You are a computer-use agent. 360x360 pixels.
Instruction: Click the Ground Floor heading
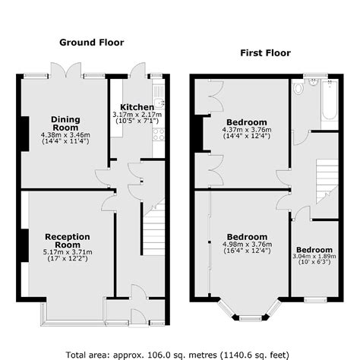point(92,43)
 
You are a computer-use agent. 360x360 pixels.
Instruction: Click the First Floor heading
point(265,53)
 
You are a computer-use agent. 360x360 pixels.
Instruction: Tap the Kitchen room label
point(137,107)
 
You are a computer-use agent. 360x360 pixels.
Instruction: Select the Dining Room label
point(65,123)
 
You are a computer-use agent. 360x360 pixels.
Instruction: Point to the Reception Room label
point(68,241)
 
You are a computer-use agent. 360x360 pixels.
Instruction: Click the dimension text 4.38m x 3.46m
point(65,135)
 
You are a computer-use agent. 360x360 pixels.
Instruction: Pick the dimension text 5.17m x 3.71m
point(68,252)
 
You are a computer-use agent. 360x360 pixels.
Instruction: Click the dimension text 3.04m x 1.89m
point(314,256)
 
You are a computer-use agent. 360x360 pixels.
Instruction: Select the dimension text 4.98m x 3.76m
point(247,245)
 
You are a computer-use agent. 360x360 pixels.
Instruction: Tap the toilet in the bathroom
point(298,87)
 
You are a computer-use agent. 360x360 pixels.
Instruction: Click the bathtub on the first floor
point(330,99)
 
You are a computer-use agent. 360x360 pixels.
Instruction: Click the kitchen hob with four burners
point(159,134)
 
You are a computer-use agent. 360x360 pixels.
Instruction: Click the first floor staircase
point(327,182)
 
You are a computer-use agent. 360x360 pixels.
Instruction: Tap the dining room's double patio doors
point(66,70)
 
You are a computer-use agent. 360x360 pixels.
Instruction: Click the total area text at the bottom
point(177,355)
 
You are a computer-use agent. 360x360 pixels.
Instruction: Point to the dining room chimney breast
point(25,134)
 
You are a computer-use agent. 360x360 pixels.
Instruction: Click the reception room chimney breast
point(24,245)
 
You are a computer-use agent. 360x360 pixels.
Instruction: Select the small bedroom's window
point(315,300)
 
